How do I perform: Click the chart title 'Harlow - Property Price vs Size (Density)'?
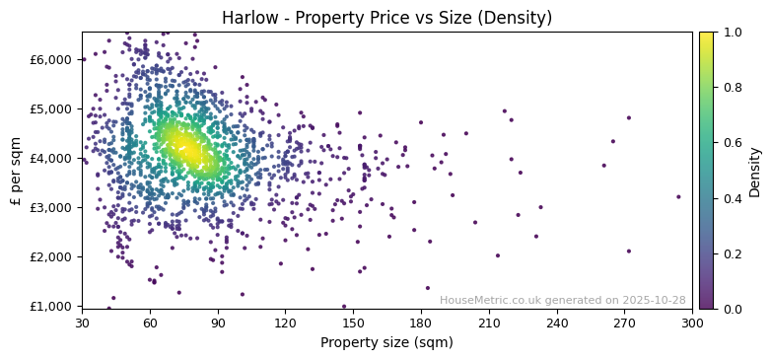pyautogui.click(x=386, y=18)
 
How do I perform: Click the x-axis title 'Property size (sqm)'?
pyautogui.click(x=386, y=342)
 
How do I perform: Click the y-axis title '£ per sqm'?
pyautogui.click(x=16, y=171)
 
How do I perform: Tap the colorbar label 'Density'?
pyautogui.click(x=754, y=171)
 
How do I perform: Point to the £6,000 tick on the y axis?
pyautogui.click(x=51, y=59)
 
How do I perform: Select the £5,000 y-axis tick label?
pyautogui.click(x=51, y=108)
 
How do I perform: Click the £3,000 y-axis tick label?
pyautogui.click(x=51, y=207)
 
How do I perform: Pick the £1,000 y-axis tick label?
pyautogui.click(x=51, y=306)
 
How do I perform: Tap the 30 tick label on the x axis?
pyautogui.click(x=82, y=323)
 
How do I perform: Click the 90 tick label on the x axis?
pyautogui.click(x=218, y=323)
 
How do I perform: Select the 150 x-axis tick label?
pyautogui.click(x=353, y=323)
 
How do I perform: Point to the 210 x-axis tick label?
pyautogui.click(x=489, y=323)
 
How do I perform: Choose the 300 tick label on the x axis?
pyautogui.click(x=692, y=323)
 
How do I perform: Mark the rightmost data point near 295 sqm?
pyautogui.click(x=678, y=196)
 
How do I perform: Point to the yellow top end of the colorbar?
pyautogui.click(x=706, y=36)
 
